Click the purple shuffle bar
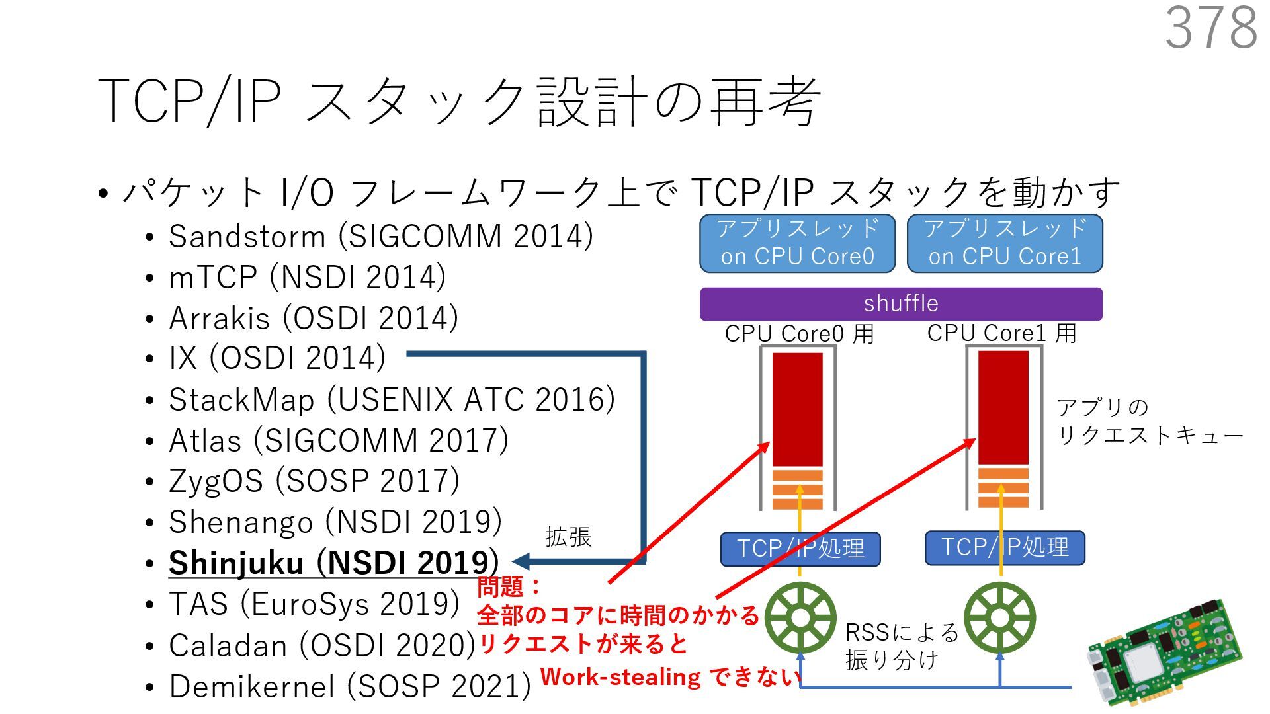(x=901, y=303)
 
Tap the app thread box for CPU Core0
(x=797, y=243)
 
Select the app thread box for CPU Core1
(x=1005, y=243)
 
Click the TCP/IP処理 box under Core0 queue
(x=800, y=549)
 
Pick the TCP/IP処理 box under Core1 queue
(x=1005, y=547)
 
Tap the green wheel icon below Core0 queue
(x=800, y=617)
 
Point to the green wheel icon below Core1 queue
(x=1000, y=617)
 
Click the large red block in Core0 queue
(x=798, y=410)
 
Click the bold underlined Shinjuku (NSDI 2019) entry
(x=333, y=563)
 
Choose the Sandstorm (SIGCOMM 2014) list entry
(x=381, y=236)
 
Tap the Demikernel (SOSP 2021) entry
(x=350, y=686)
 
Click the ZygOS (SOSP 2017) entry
(x=314, y=481)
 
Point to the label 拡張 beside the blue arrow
(x=568, y=536)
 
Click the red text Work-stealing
(x=620, y=677)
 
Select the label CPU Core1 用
(x=1001, y=333)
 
